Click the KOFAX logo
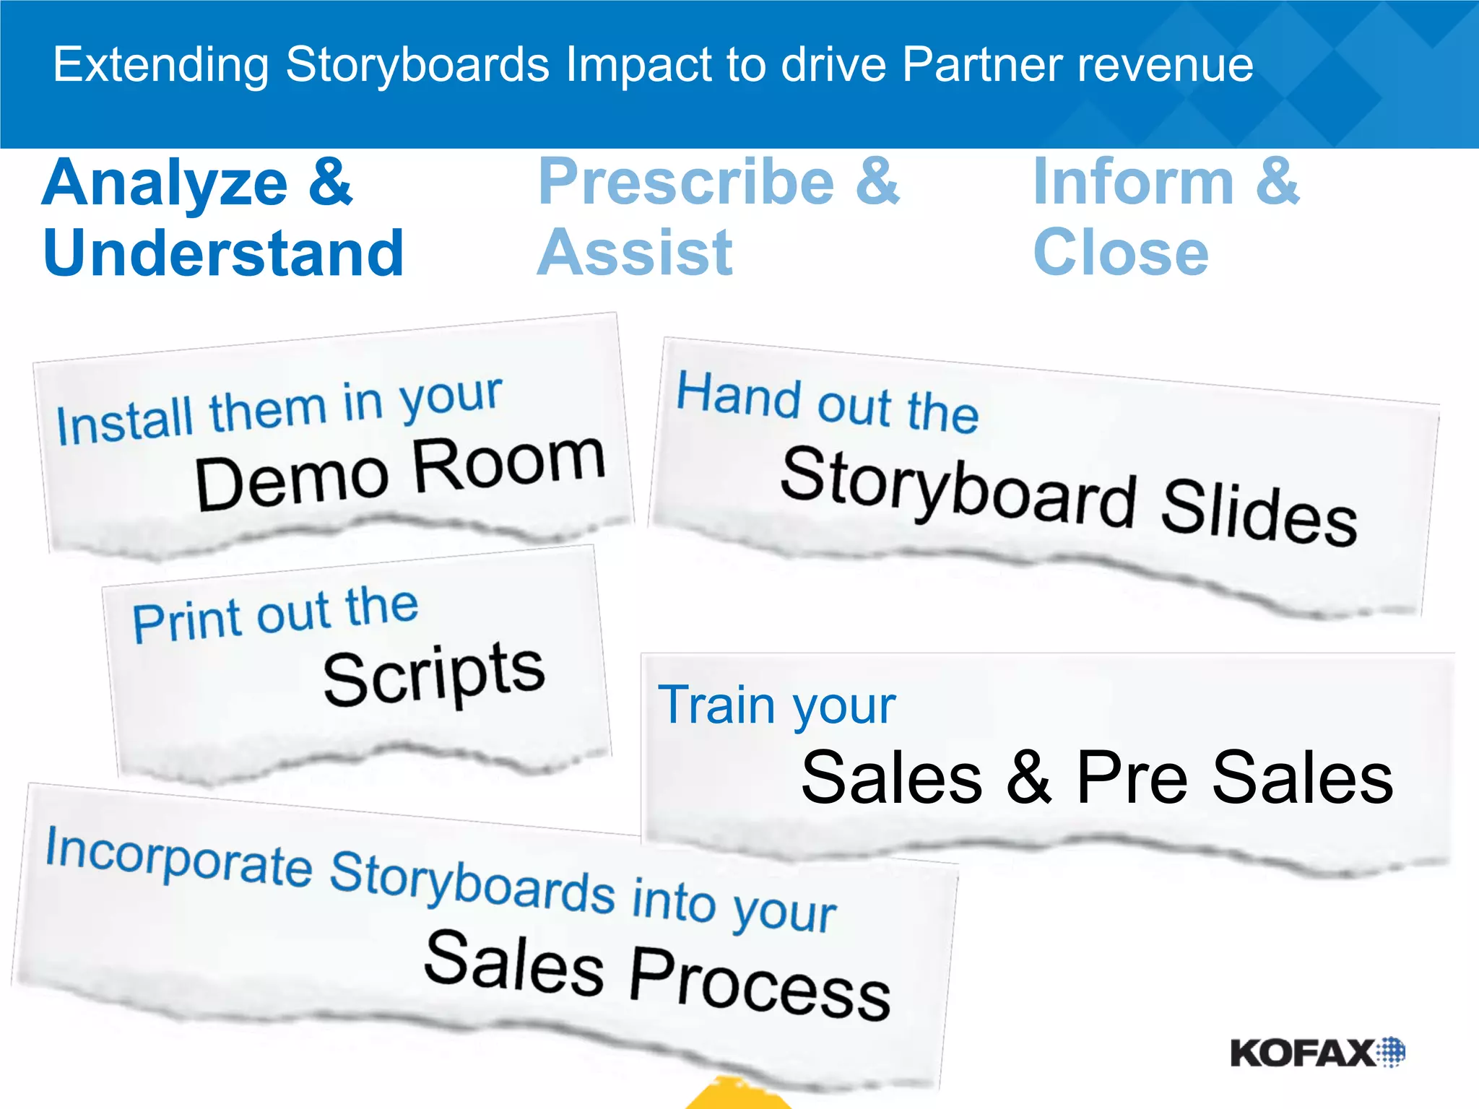(1317, 1053)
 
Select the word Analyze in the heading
(165, 183)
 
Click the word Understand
(223, 253)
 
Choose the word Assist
(635, 253)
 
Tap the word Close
(1121, 253)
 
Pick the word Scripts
(433, 675)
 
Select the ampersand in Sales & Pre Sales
(1028, 777)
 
